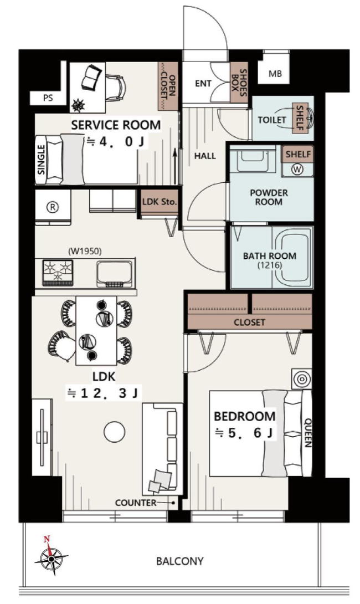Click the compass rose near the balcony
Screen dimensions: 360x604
pyautogui.click(x=51, y=556)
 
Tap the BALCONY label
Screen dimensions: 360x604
pyautogui.click(x=179, y=561)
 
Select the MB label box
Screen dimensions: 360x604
pyautogui.click(x=275, y=74)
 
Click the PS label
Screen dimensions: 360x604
pyautogui.click(x=48, y=98)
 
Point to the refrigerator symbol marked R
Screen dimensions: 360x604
pyautogui.click(x=53, y=207)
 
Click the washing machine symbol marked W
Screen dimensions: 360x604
pyautogui.click(x=297, y=169)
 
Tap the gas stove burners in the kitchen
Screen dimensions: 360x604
pyautogui.click(x=58, y=272)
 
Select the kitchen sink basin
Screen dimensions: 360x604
pyautogui.click(x=115, y=273)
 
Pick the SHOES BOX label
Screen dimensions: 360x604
pyautogui.click(x=239, y=82)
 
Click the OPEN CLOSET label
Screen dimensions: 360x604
pyautogui.click(x=168, y=86)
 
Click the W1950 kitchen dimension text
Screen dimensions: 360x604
pyautogui.click(x=85, y=252)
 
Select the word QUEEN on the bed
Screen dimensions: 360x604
pyautogui.click(x=307, y=433)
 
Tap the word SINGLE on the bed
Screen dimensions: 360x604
pyautogui.click(x=42, y=160)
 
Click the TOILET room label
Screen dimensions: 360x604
pyautogui.click(x=272, y=120)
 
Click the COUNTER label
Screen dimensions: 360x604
pyautogui.click(x=136, y=503)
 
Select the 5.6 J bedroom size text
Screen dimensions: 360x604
pyautogui.click(x=244, y=433)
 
